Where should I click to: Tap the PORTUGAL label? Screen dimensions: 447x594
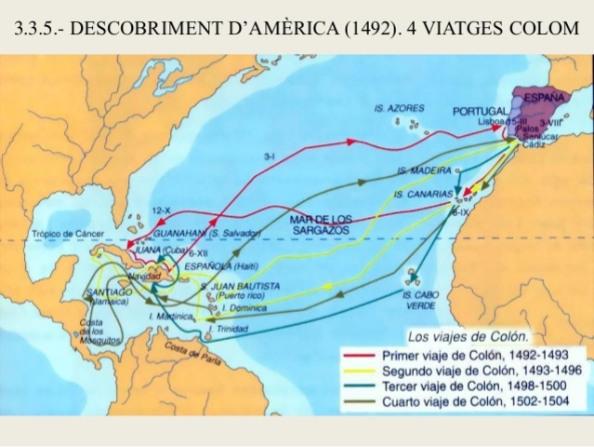[x=480, y=111]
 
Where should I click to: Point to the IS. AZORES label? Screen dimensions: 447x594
[x=400, y=108]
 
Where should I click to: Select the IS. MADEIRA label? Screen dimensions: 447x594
[x=424, y=171]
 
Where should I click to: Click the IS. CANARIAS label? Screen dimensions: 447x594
[x=424, y=195]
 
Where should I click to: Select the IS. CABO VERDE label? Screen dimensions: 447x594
[x=421, y=300]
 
